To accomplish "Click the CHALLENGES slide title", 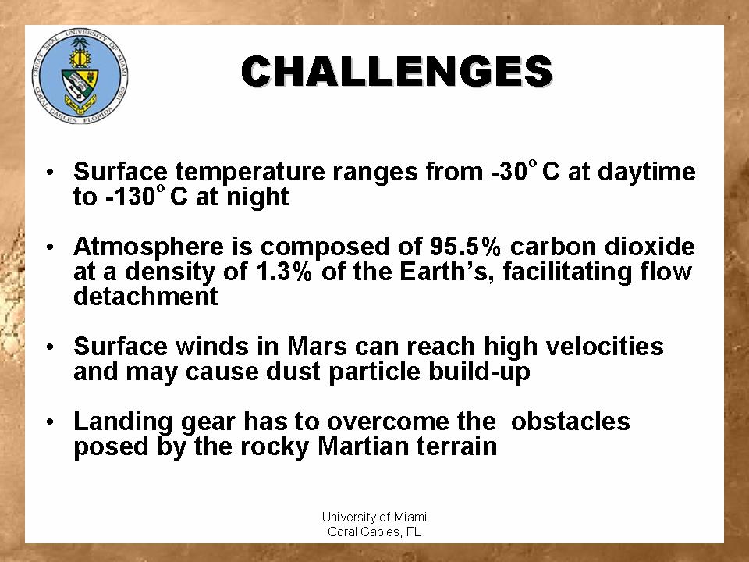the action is pos(396,72).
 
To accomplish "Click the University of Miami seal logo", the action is pos(80,76).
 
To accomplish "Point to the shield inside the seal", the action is pos(80,87).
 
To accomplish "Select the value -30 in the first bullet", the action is pos(509,172).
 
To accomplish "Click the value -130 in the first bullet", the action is pos(130,197).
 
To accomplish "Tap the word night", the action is pos(257,197).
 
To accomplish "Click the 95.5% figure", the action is pos(465,247).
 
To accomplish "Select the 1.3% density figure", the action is pos(284,272).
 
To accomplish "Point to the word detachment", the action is pos(146,297).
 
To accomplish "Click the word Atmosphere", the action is pos(148,247).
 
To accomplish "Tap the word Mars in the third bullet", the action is pos(317,347).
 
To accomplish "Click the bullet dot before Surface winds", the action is pos(50,347).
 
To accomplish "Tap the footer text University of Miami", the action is pos(374,517).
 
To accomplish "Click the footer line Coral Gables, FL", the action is pos(374,532).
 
